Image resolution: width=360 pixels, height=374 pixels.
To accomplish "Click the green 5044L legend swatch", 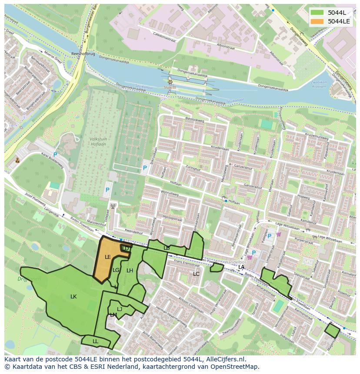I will [318, 13].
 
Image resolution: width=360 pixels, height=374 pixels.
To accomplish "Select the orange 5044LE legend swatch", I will [318, 21].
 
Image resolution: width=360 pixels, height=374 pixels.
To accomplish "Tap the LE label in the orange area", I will [108, 257].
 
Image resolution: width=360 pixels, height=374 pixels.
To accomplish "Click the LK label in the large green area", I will [73, 297].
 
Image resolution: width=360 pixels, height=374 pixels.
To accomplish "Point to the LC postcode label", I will [196, 274].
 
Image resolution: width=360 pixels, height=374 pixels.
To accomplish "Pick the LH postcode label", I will [130, 271].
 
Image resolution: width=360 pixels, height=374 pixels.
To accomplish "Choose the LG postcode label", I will [116, 270].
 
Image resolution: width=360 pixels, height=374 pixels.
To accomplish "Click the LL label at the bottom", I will [95, 341].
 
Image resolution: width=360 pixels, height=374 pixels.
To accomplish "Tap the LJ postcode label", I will [120, 309].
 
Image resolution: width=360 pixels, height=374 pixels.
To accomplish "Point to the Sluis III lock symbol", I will [170, 82].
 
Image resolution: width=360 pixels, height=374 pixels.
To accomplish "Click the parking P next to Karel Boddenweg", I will [55, 155].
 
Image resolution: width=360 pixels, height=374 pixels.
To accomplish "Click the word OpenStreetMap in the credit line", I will [237, 367].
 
